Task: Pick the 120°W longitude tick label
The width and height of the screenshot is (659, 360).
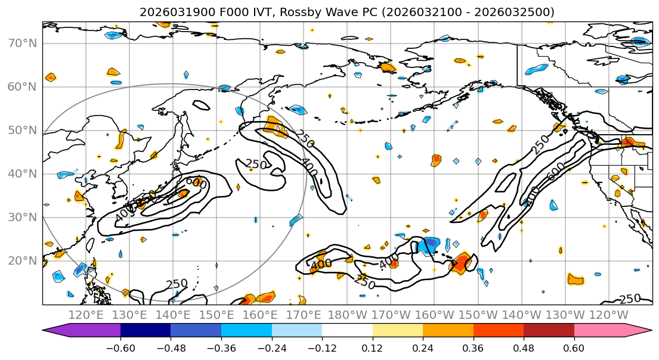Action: [609, 315]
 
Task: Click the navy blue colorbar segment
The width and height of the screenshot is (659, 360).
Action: [146, 331]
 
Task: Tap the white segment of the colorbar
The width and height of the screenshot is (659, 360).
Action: [347, 331]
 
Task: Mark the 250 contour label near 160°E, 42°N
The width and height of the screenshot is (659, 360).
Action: [256, 164]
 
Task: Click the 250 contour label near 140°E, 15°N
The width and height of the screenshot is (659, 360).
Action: [177, 284]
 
